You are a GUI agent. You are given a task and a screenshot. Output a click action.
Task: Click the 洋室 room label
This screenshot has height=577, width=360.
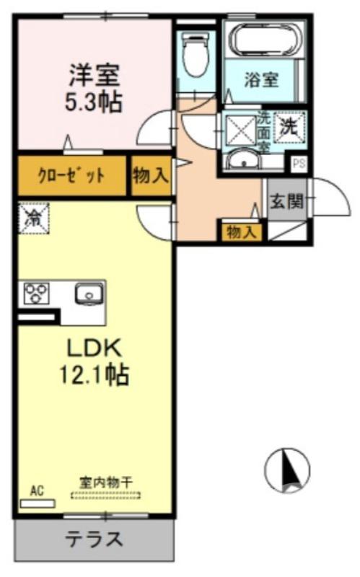(95, 74)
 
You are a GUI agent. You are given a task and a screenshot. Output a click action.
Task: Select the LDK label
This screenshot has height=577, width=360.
(95, 348)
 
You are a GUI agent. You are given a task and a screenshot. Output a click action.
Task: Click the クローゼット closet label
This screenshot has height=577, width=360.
(71, 175)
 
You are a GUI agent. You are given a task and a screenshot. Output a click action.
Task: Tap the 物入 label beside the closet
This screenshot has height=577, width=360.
(150, 175)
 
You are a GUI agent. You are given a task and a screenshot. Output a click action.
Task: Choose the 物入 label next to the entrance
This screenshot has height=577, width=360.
(241, 232)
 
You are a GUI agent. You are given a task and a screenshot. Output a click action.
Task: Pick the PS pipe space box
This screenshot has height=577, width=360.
(298, 164)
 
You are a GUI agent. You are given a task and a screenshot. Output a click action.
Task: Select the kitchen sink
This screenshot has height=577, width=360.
(87, 294)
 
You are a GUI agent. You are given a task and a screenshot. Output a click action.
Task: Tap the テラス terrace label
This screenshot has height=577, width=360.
(94, 539)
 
